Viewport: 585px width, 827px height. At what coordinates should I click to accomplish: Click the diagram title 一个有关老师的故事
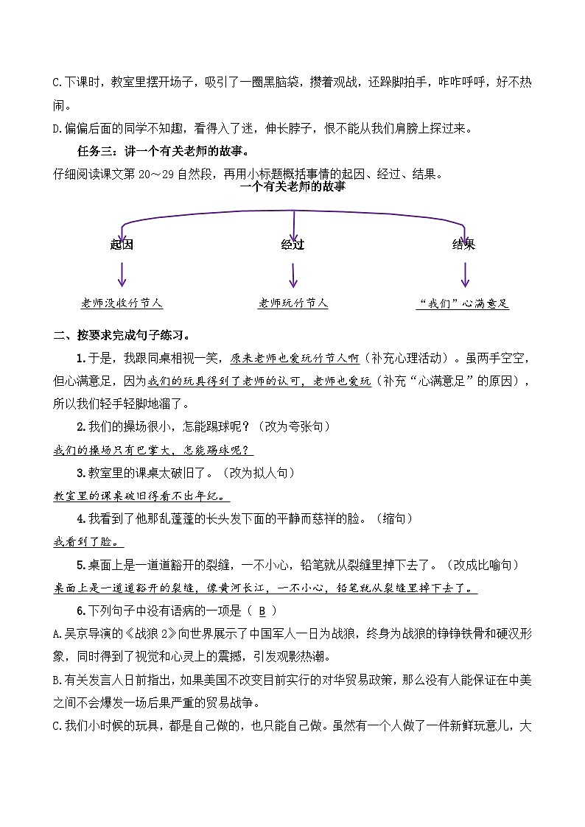[x=292, y=187]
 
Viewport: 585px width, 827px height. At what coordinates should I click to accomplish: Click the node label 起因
[x=122, y=244]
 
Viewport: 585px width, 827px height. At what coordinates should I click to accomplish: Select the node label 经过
[x=292, y=244]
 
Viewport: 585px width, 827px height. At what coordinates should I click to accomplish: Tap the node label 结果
[x=463, y=244]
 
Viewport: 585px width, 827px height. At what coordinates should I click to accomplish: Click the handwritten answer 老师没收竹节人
[x=122, y=303]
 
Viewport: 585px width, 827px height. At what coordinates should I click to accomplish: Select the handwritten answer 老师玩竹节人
[x=293, y=303]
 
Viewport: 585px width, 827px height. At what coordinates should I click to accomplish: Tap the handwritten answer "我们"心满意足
[x=463, y=303]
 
